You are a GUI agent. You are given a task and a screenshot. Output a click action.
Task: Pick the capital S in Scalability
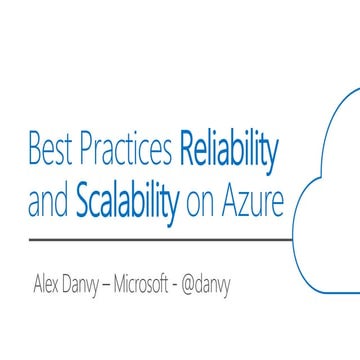(83, 202)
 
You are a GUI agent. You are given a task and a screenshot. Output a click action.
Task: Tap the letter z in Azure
(250, 204)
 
